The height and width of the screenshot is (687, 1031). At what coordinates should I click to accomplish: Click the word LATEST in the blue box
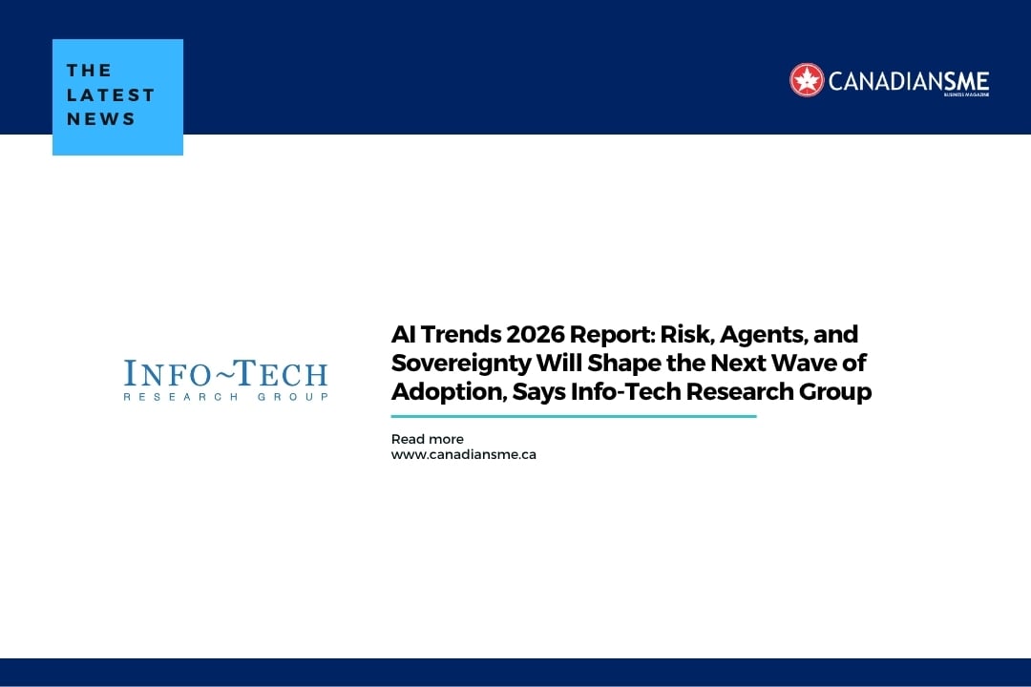[111, 94]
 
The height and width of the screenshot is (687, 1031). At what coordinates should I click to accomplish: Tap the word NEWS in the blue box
[101, 119]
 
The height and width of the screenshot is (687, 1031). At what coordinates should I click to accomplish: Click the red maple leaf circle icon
[807, 80]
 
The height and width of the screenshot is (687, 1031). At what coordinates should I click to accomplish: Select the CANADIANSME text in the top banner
[908, 81]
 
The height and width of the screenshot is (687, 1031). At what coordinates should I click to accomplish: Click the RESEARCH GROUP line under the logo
[225, 396]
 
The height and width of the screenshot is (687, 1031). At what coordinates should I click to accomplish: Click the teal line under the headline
[573, 416]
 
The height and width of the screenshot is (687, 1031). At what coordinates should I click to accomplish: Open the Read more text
[427, 440]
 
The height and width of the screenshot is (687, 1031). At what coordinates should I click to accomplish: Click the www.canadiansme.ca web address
[463, 455]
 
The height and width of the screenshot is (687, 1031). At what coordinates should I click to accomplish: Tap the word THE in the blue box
[90, 70]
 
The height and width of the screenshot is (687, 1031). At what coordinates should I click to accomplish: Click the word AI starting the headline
[404, 335]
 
